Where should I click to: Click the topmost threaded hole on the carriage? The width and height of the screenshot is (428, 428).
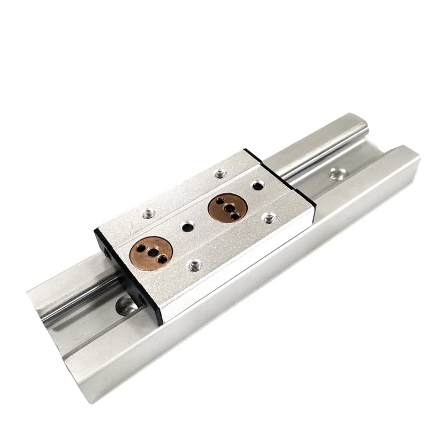tap(220, 174)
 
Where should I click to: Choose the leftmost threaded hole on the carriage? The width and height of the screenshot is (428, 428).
tap(148, 213)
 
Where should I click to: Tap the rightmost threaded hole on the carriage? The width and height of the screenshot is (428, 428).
tap(270, 218)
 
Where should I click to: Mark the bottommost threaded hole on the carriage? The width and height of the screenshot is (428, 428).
tap(195, 264)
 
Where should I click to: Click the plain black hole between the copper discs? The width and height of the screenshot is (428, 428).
tap(187, 227)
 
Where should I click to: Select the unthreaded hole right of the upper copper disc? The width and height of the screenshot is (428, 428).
tap(258, 185)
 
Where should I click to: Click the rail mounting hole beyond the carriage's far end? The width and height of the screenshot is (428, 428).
tap(337, 173)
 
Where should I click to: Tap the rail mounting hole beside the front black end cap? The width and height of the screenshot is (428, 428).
tap(127, 306)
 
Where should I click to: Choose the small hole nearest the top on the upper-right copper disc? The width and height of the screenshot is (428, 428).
tap(219, 200)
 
